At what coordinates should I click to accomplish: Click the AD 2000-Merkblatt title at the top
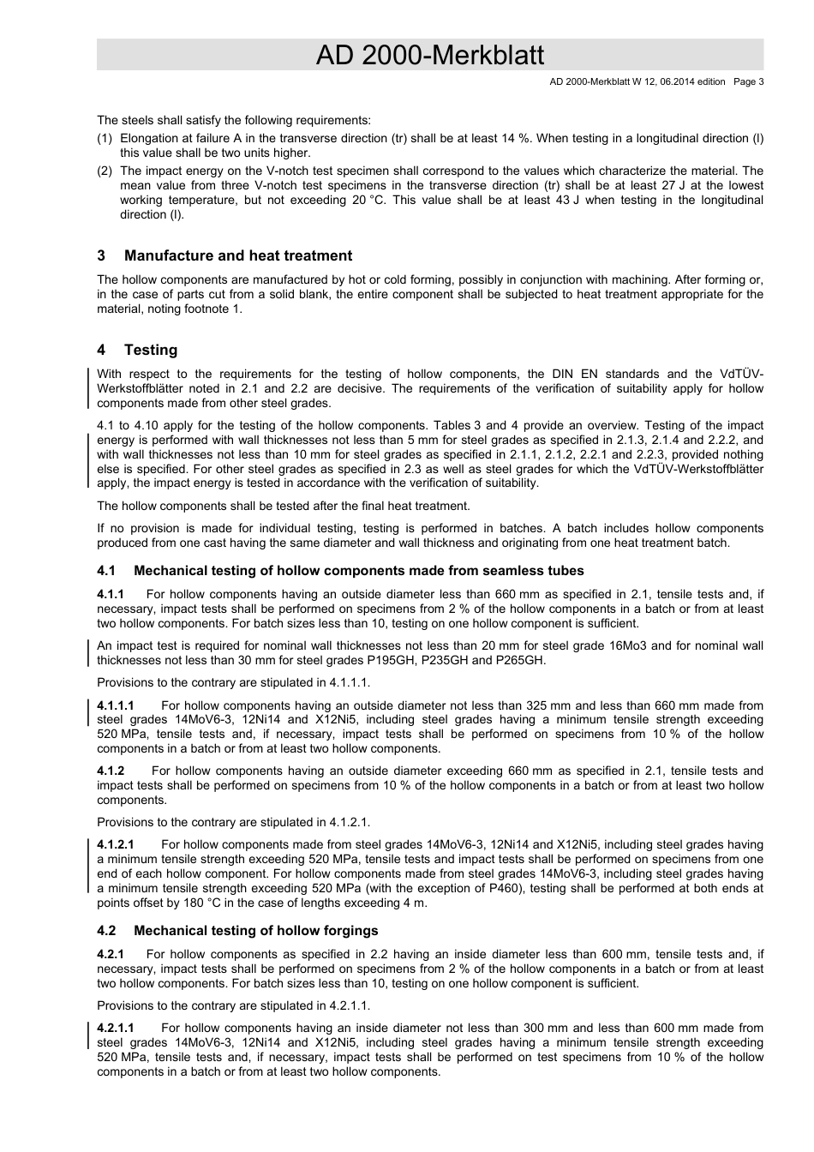click(x=429, y=56)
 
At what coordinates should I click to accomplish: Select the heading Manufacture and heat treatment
click(x=237, y=255)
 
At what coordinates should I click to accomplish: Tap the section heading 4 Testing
click(x=137, y=350)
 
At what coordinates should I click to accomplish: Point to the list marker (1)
click(x=105, y=138)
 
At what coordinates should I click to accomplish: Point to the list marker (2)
click(x=105, y=171)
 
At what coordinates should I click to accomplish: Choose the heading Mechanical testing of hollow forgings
click(x=255, y=931)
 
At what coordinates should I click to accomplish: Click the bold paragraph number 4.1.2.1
click(x=116, y=845)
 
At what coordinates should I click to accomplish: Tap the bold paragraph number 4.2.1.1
click(x=116, y=1029)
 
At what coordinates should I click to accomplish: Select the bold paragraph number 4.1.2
click(x=111, y=771)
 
